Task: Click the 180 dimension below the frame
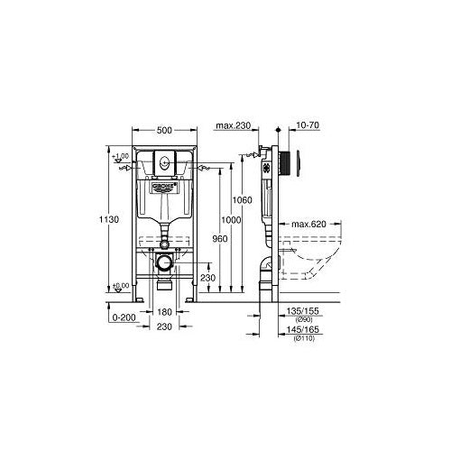163,312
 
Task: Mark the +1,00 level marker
119,158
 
